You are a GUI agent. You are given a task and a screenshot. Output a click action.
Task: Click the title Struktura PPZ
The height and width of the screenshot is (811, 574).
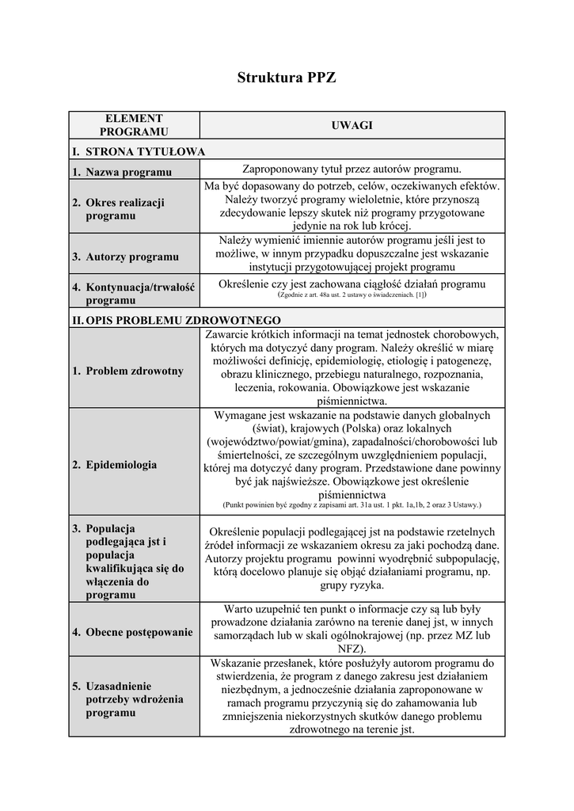pyautogui.click(x=287, y=78)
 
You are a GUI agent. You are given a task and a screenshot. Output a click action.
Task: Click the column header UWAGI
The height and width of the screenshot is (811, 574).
pyautogui.click(x=352, y=125)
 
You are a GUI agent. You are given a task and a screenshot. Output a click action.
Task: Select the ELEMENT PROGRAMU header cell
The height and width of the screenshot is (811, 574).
pyautogui.click(x=134, y=125)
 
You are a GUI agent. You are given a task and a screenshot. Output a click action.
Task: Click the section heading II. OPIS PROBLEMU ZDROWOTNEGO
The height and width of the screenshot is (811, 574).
pyautogui.click(x=176, y=321)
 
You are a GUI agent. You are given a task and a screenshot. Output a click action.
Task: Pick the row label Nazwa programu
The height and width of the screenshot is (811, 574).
pyautogui.click(x=128, y=172)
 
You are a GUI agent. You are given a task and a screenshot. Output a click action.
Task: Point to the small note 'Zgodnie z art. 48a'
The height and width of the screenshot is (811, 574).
pyautogui.click(x=352, y=295)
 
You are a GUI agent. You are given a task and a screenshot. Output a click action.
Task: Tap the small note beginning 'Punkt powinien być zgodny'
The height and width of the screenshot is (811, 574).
pyautogui.click(x=352, y=504)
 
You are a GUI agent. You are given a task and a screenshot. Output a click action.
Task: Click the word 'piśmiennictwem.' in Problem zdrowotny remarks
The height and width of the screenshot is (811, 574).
pyautogui.click(x=352, y=402)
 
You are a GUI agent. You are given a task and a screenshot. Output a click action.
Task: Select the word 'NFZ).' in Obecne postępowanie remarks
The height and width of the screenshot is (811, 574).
pyautogui.click(x=352, y=647)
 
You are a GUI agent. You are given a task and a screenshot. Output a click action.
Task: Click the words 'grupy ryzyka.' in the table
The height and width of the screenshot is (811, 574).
pyautogui.click(x=352, y=585)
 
